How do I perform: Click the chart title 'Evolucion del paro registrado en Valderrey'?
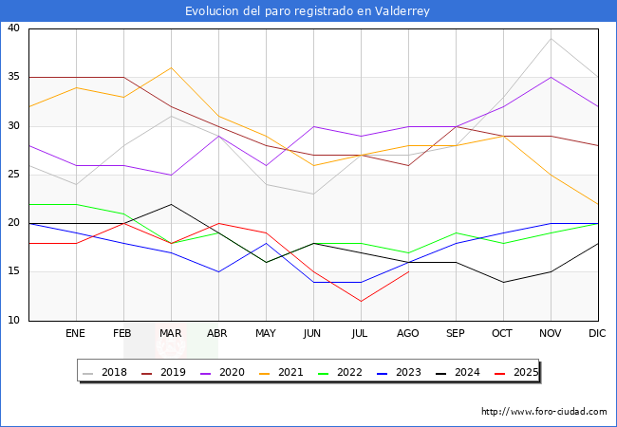click(x=308, y=11)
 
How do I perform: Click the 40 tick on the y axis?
click(x=13, y=28)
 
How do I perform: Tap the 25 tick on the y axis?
click(x=13, y=175)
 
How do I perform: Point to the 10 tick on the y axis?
click(x=13, y=321)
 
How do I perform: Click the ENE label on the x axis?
click(x=76, y=334)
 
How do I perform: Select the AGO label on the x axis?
click(x=408, y=334)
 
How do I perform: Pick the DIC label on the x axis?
click(x=598, y=334)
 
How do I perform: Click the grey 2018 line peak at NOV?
click(x=551, y=38)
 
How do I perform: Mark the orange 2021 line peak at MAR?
click(x=171, y=67)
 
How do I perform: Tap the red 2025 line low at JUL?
click(x=361, y=301)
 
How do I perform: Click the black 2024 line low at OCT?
click(x=503, y=282)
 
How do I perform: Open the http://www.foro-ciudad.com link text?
click(x=544, y=412)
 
